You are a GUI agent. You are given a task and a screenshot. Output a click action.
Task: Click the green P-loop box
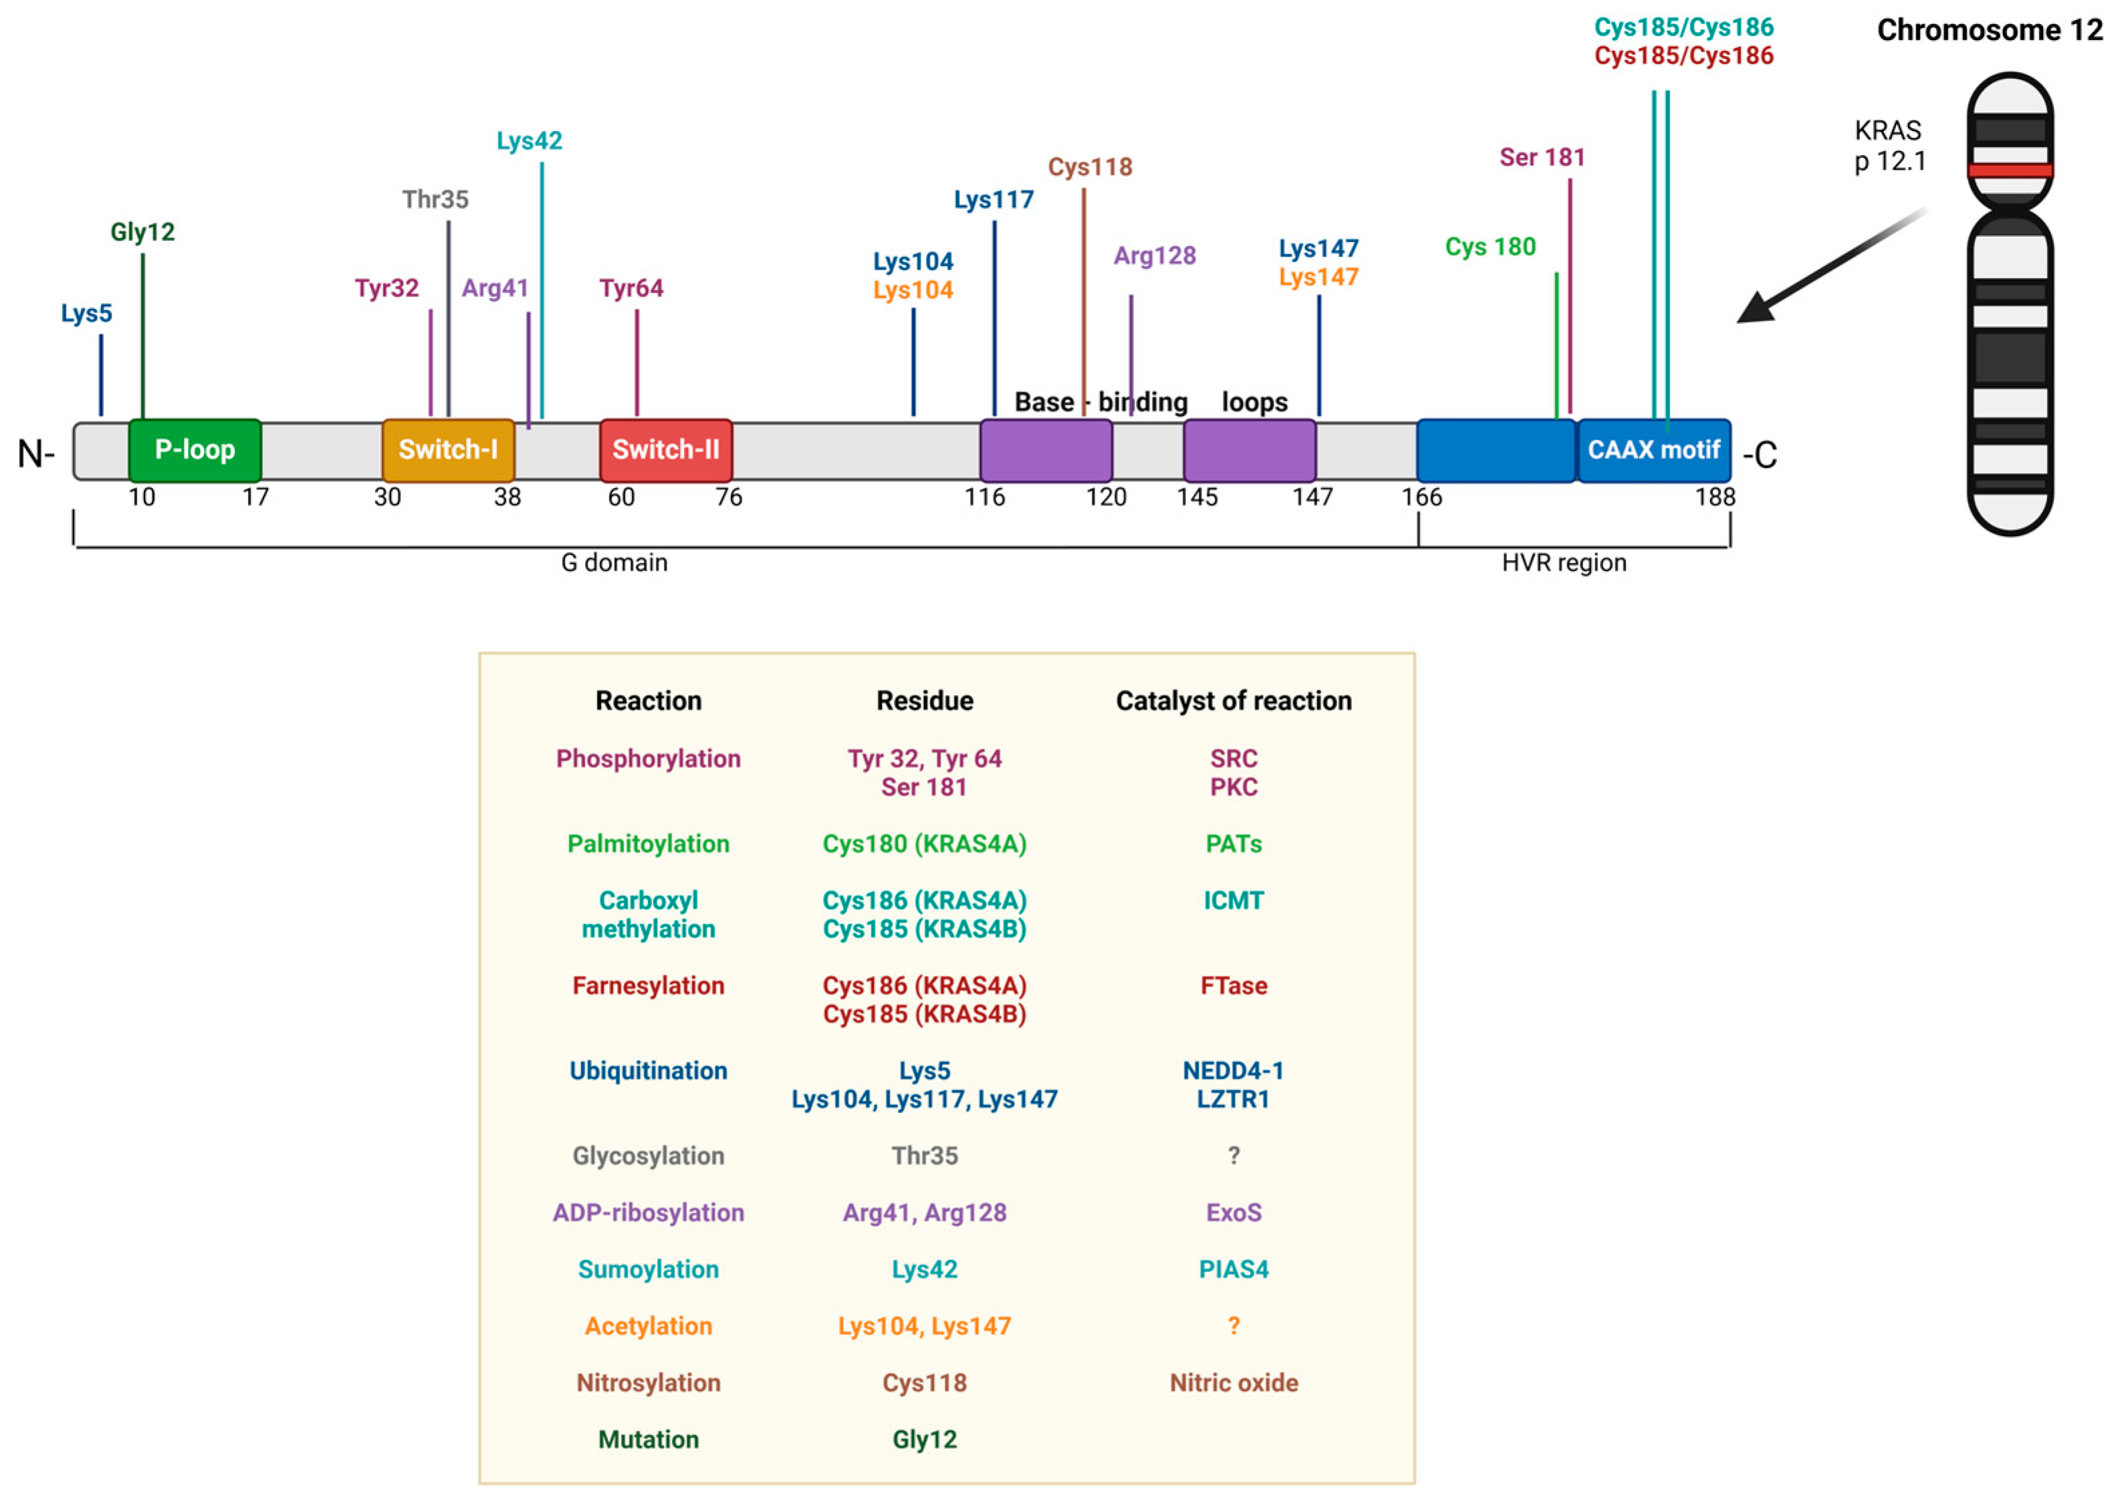[195, 450]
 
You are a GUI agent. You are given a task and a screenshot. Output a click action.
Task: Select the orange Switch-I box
[448, 450]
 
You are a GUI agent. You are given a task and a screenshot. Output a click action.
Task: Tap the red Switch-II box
[666, 450]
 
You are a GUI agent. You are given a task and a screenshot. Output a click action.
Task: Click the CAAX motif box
[1653, 450]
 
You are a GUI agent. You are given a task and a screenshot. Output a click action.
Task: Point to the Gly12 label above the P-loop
[142, 231]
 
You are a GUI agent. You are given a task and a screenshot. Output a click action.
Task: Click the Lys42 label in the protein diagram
[529, 140]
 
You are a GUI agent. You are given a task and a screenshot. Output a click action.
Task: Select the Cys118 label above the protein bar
[1090, 166]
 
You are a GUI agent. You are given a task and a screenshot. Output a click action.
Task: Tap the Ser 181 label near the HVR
[1542, 157]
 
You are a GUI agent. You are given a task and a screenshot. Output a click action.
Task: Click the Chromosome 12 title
[1989, 30]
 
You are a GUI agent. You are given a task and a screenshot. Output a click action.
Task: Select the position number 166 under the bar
[1421, 497]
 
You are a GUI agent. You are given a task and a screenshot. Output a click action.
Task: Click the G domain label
[614, 563]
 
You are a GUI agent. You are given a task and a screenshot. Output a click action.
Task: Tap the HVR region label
[1564, 563]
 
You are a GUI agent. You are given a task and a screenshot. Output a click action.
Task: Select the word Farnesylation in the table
[648, 985]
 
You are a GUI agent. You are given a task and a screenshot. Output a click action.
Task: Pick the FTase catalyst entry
[1233, 985]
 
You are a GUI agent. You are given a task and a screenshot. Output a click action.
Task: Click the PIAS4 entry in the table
[1233, 1269]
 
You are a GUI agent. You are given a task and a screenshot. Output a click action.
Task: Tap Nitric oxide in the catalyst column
[1233, 1382]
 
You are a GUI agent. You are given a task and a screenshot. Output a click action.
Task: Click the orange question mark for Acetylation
[1233, 1326]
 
